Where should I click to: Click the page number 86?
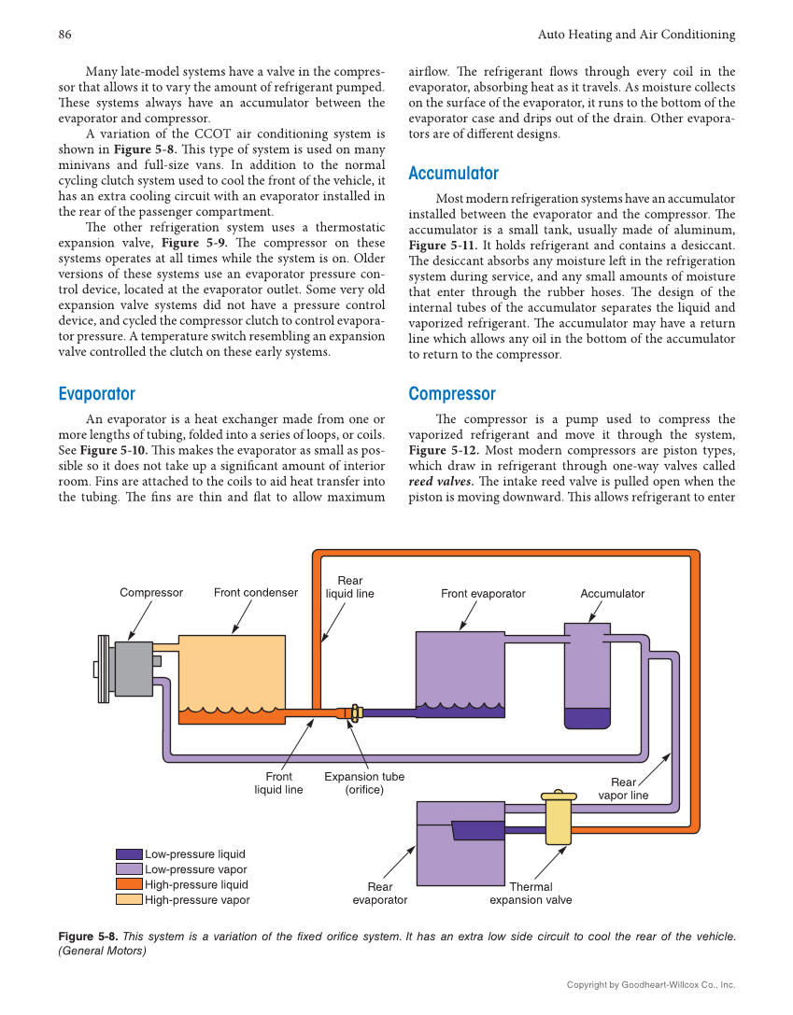tap(65, 35)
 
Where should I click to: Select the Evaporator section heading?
tap(96, 394)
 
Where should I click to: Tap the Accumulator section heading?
tap(453, 174)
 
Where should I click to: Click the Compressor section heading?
tap(452, 394)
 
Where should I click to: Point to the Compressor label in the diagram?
tap(151, 593)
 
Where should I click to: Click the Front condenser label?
tap(256, 593)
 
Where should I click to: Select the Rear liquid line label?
tap(349, 587)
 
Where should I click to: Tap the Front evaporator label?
tap(483, 594)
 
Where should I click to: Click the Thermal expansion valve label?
tap(531, 894)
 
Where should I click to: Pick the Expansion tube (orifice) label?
tap(364, 783)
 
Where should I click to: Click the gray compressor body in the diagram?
tap(133, 669)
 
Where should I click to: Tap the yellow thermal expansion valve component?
tap(559, 818)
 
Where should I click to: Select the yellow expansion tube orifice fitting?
tap(355, 712)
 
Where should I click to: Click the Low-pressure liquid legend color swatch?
tap(129, 854)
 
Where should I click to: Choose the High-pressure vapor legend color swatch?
tap(129, 900)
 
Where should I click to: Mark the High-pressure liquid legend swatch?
tap(129, 884)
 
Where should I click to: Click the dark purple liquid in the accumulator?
tap(587, 718)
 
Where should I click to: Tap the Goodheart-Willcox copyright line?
tap(651, 984)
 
